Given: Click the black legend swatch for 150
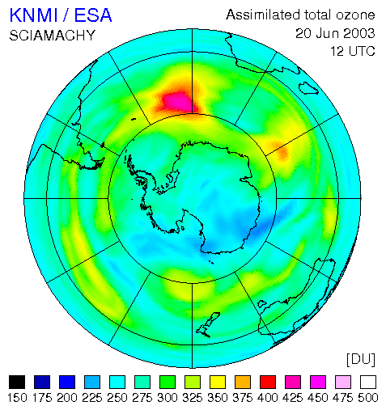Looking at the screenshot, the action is (x=17, y=382).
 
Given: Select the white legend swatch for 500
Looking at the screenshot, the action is (x=368, y=382).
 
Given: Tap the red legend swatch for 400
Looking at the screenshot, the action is (x=268, y=382).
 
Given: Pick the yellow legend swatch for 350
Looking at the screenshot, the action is (x=218, y=382).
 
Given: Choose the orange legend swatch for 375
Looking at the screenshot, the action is (x=243, y=382).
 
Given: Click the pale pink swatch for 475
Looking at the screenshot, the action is (x=343, y=382).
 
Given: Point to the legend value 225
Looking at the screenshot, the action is (x=92, y=398).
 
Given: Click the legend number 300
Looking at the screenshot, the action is (x=168, y=398).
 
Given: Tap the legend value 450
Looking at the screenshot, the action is (x=318, y=398).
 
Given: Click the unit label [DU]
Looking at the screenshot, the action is (x=361, y=359).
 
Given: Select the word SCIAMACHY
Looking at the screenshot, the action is (x=53, y=36).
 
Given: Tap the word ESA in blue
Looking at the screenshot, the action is (x=93, y=15).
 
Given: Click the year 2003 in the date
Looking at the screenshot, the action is (x=355, y=33).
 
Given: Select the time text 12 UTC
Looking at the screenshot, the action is (x=353, y=51).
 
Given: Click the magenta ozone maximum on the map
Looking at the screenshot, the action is (x=176, y=101).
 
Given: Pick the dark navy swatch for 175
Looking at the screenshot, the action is (x=42, y=382).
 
